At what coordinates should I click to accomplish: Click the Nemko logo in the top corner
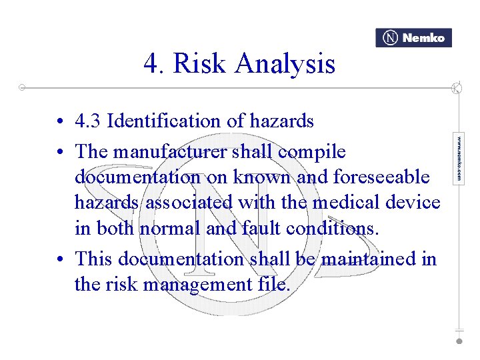point(413,38)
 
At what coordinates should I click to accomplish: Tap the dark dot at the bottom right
point(459,341)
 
